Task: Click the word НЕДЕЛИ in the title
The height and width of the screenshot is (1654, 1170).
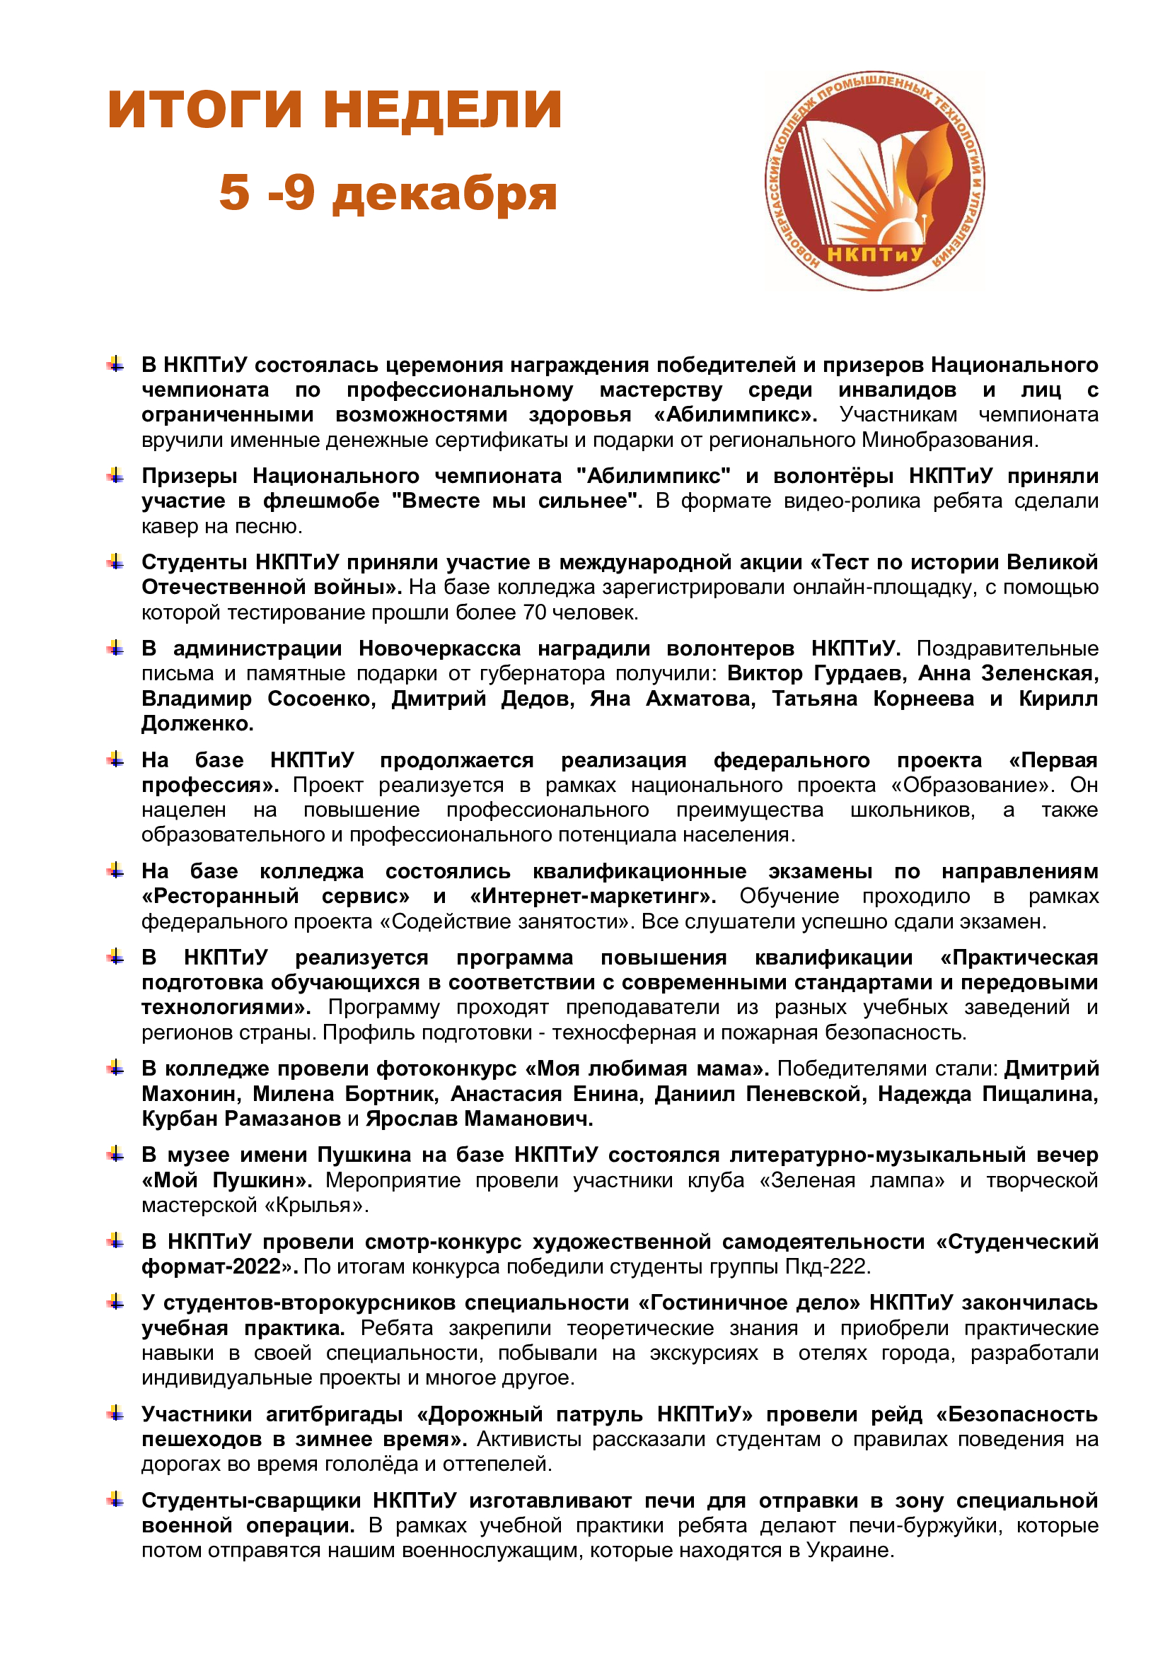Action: pos(441,110)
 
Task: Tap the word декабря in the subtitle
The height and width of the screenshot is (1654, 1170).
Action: pos(444,193)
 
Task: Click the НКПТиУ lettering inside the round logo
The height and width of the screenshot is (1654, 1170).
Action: pos(874,255)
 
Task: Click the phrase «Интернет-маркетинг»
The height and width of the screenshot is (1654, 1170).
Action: pos(593,896)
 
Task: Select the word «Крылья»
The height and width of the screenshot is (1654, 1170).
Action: pos(317,1205)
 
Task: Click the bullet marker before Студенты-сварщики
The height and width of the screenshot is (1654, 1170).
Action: pos(115,1501)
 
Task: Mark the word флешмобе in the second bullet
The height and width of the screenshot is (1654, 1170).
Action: pos(320,501)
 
